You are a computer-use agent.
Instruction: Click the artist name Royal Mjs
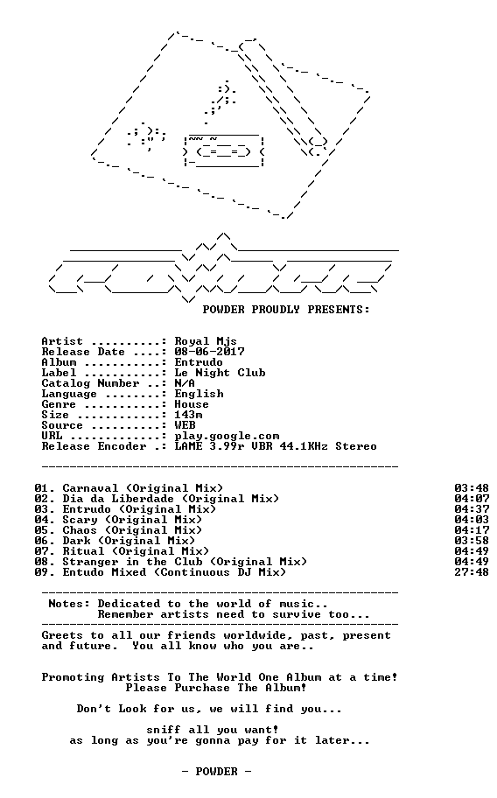[x=206, y=341]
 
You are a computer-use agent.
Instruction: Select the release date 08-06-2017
[x=209, y=352]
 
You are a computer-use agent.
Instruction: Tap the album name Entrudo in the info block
[x=199, y=362]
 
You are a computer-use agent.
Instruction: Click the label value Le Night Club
[x=220, y=373]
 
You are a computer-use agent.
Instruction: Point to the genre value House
[x=192, y=404]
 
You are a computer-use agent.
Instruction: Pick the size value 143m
[x=188, y=415]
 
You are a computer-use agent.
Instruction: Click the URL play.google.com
[x=227, y=436]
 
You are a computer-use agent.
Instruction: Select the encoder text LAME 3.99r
[x=209, y=446]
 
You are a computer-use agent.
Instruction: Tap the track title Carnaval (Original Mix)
[x=143, y=488]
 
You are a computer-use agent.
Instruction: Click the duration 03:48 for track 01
[x=472, y=488]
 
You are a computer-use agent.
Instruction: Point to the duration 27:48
[x=472, y=572]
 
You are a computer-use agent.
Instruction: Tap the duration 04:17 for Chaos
[x=472, y=530]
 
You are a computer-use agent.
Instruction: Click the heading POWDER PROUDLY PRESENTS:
[x=286, y=310]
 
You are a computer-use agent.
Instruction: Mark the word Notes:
[x=69, y=604]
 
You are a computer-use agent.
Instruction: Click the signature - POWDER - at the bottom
[x=216, y=772]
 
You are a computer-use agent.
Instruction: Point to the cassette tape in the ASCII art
[x=224, y=151]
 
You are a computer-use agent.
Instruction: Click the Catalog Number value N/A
[x=185, y=383]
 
